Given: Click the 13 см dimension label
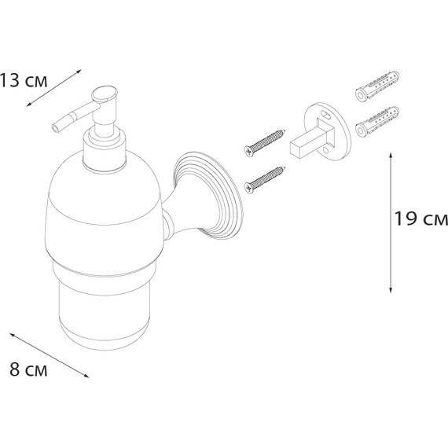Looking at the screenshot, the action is (24, 80).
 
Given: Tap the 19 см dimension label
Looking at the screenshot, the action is (421, 218).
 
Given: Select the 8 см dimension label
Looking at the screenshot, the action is (28, 369).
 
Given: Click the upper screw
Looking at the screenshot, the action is (265, 143).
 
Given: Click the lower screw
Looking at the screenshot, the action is (265, 180).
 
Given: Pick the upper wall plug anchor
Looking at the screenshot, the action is (376, 86).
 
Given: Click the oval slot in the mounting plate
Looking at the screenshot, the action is (327, 115).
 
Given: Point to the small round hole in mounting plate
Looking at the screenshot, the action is (326, 150).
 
